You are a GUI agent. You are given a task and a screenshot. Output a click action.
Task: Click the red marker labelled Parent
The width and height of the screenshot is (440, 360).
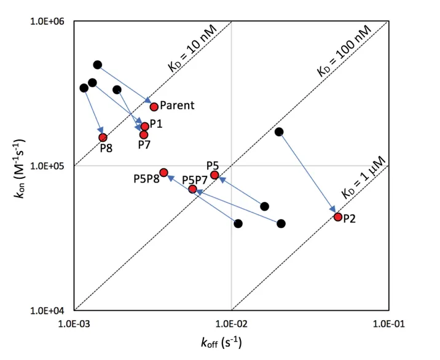click(x=154, y=107)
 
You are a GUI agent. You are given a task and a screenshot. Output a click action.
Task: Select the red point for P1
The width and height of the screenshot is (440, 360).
click(x=145, y=127)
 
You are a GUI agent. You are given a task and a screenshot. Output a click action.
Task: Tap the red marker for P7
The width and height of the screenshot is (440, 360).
click(x=144, y=135)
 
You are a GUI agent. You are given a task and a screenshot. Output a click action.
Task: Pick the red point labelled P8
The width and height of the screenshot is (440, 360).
click(x=103, y=138)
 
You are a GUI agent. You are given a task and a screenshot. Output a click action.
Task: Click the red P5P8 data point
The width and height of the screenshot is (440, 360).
click(x=163, y=173)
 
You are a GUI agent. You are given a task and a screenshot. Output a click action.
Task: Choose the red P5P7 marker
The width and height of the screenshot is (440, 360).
click(x=192, y=189)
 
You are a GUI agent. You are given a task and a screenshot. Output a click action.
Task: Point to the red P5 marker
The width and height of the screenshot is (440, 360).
click(x=214, y=175)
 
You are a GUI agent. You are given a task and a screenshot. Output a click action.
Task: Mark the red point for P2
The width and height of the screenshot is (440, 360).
click(x=338, y=217)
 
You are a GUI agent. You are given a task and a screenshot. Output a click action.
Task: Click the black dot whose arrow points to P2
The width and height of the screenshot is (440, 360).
click(x=279, y=131)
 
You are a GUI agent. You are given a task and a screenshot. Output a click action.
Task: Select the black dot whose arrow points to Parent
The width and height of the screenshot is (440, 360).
click(x=97, y=65)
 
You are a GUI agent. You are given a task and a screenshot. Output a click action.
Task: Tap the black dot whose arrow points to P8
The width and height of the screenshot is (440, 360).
click(x=84, y=88)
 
